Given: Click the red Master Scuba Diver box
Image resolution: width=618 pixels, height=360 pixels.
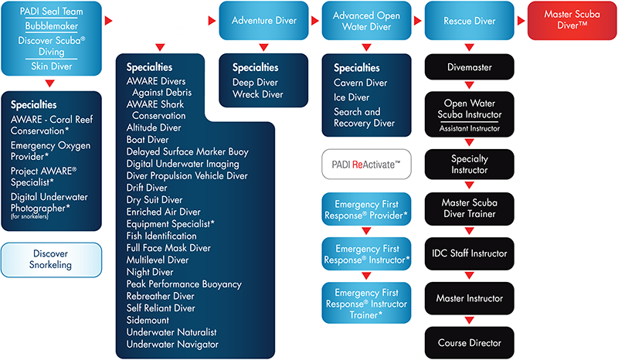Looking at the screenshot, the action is click(572, 21).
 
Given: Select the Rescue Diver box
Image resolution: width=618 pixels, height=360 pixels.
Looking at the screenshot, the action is click(470, 21).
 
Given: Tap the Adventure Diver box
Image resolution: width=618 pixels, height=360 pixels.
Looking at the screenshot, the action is click(263, 21).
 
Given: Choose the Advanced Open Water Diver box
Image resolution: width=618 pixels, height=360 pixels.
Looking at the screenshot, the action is click(366, 21).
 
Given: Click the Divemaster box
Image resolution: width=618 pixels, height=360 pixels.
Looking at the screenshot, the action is click(470, 67).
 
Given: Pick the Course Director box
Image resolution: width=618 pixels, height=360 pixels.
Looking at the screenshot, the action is click(470, 343).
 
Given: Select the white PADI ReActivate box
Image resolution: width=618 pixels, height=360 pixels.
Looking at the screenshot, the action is click(366, 164).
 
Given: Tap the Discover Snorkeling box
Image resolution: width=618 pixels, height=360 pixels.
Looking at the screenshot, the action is click(51, 260).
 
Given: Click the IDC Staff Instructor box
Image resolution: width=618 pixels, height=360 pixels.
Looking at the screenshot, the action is click(470, 253).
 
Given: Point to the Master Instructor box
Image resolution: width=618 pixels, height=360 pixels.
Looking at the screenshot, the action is click(470, 298).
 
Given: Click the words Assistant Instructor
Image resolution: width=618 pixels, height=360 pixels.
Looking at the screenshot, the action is click(470, 128).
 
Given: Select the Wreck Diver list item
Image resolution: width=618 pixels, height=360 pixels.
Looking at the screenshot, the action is click(258, 94).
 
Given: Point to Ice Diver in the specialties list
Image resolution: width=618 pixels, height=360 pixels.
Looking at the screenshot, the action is click(351, 97).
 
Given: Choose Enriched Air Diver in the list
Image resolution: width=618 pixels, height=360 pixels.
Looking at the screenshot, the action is click(163, 212).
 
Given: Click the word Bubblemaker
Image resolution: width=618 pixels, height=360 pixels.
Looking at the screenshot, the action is click(52, 26).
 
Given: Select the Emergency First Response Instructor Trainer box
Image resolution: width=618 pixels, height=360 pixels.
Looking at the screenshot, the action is click(366, 303).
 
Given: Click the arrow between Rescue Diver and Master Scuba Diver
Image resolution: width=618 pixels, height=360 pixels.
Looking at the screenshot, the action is click(521, 21).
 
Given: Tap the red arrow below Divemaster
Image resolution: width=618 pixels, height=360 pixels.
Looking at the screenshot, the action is click(470, 85).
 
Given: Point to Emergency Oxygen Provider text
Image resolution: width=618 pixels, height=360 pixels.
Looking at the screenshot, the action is click(50, 151).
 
